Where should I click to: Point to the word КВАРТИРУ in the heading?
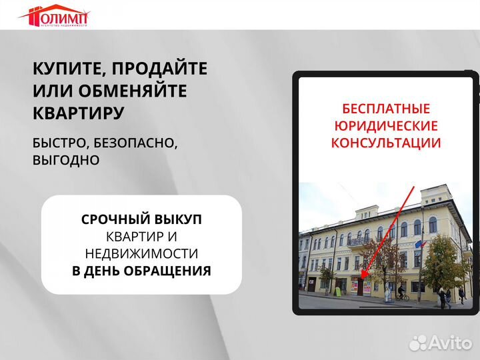pos(78,113)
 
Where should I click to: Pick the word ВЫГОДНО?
pos(66,160)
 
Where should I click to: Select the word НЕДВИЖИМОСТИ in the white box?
pos(141,253)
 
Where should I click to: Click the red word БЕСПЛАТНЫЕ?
pos(386,109)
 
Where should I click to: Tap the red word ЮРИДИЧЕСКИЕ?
pos(386,126)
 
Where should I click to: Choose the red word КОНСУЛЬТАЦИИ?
pos(386,143)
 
